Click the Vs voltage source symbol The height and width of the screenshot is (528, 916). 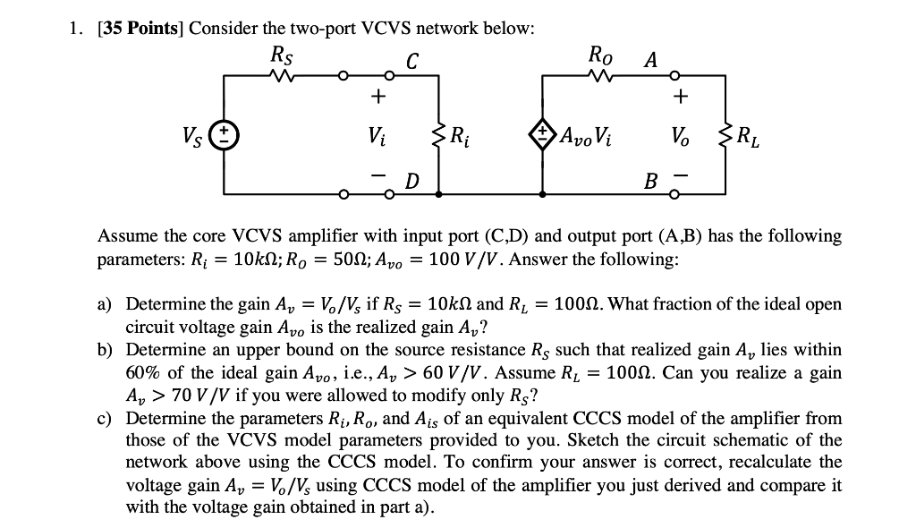pos(224,136)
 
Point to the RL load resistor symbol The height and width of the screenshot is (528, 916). pos(724,136)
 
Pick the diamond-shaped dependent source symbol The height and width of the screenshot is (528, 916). pos(543,136)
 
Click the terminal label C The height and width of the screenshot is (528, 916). pos(412,60)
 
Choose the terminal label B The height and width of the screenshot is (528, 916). pos(650,183)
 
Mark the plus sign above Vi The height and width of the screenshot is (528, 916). pos(378,95)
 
